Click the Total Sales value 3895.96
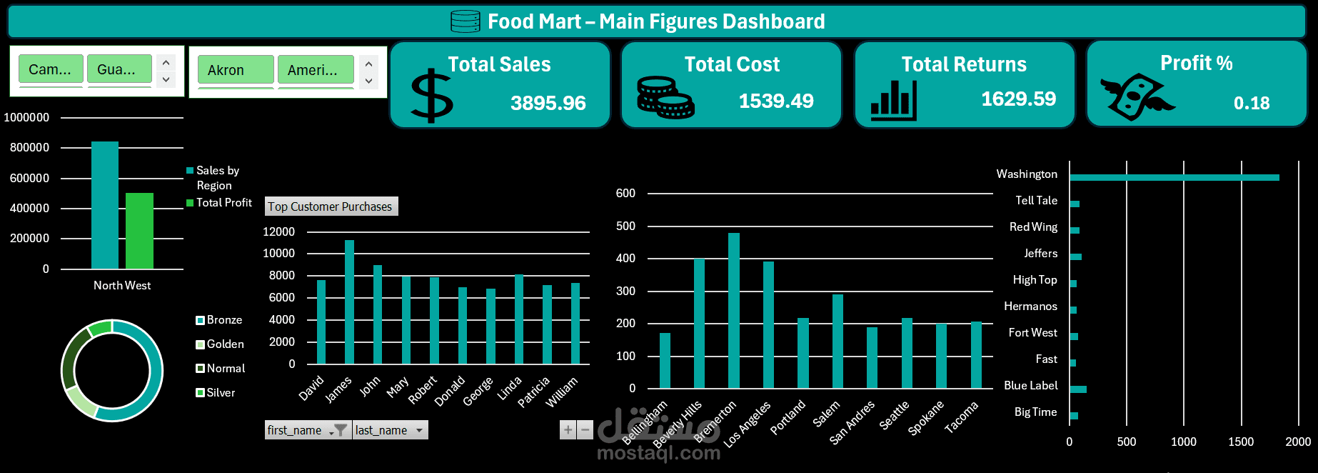(548, 103)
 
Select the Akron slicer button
(235, 70)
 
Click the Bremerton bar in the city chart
(733, 310)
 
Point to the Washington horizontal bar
(1174, 177)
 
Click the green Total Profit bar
(139, 231)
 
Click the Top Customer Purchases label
(331, 206)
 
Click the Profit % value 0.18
(1251, 104)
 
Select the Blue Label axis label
(1030, 386)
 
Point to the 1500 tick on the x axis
(1240, 442)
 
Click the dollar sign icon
(431, 96)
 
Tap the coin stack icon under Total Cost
(665, 98)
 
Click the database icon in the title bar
(466, 21)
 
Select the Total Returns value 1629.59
(1018, 99)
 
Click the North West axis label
(122, 286)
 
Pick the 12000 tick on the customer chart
(278, 231)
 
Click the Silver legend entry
(221, 393)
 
